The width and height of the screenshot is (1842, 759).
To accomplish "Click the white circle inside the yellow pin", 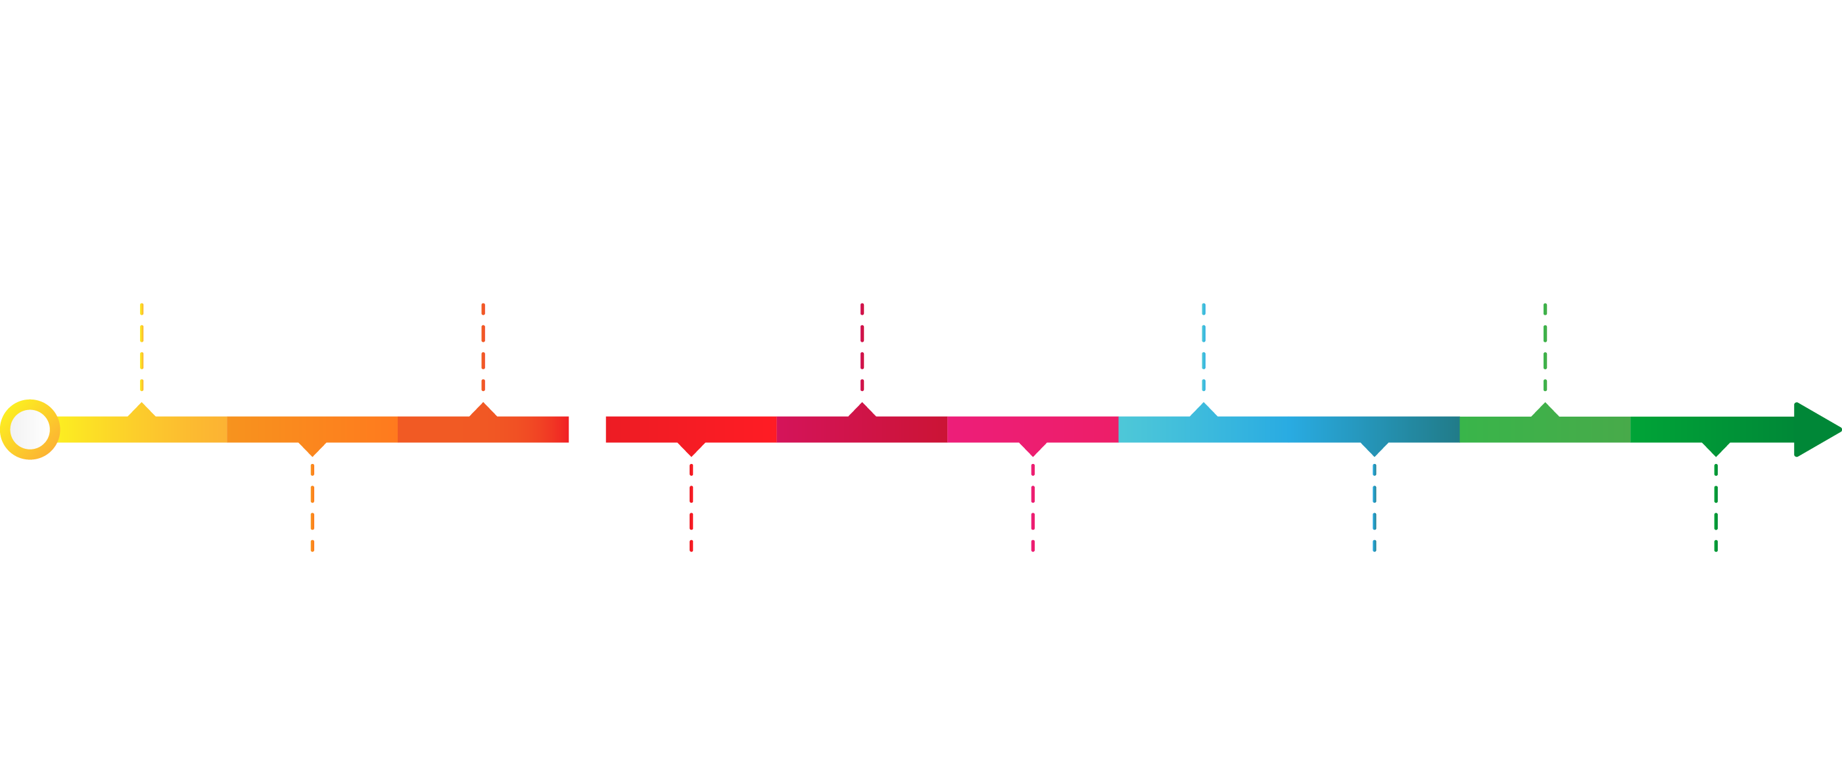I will (x=30, y=430).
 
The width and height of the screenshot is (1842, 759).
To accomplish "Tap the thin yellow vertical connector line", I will (x=142, y=354).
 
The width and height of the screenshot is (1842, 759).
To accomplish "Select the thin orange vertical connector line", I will (x=483, y=354).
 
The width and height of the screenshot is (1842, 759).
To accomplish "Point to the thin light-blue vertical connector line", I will (x=1204, y=354).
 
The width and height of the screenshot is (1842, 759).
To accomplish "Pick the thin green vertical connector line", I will (x=1546, y=354).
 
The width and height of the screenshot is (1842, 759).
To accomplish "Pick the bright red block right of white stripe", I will (x=654, y=493).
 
